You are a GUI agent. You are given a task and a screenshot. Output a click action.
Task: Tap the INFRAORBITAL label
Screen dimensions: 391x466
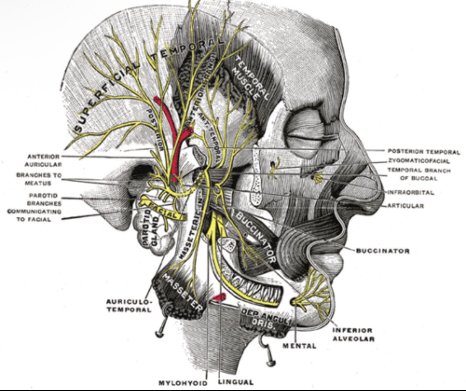click(x=411, y=193)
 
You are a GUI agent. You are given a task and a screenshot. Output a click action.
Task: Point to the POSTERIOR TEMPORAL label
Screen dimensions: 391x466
click(x=424, y=151)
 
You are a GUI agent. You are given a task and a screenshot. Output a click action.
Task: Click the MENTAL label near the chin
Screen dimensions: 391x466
click(x=299, y=346)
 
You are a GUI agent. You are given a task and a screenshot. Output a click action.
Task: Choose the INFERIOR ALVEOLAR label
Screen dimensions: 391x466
click(x=353, y=334)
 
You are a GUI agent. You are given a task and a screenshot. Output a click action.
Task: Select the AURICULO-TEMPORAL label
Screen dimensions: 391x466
click(x=129, y=305)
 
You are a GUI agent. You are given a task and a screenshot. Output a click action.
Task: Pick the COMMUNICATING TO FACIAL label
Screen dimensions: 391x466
click(x=30, y=215)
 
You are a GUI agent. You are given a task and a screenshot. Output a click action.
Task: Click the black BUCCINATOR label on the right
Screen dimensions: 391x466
click(x=383, y=251)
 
